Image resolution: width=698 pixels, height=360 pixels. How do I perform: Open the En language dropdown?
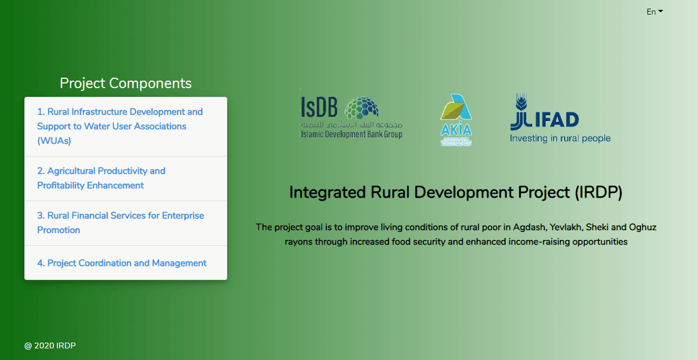pos(654,12)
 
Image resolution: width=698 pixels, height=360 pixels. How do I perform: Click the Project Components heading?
pos(125,83)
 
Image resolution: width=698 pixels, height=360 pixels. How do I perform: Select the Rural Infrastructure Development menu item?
pos(120,112)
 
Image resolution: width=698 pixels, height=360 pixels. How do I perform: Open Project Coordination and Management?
pos(122,263)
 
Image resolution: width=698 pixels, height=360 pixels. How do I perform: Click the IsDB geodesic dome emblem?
pos(363,108)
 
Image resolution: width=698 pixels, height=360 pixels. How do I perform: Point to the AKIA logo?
pos(456,119)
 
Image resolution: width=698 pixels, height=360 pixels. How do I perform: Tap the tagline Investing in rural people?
pos(560,139)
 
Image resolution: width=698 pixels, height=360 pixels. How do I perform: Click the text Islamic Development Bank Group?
pos(351,134)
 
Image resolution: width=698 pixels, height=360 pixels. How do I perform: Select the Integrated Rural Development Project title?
pos(456,192)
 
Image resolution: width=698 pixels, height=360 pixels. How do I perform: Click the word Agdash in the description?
pos(526,227)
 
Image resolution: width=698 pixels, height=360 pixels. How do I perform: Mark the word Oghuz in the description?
pos(642,227)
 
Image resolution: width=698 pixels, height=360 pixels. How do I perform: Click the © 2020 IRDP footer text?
pos(50,346)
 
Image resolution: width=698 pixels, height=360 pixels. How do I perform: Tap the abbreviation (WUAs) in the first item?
pos(54,141)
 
